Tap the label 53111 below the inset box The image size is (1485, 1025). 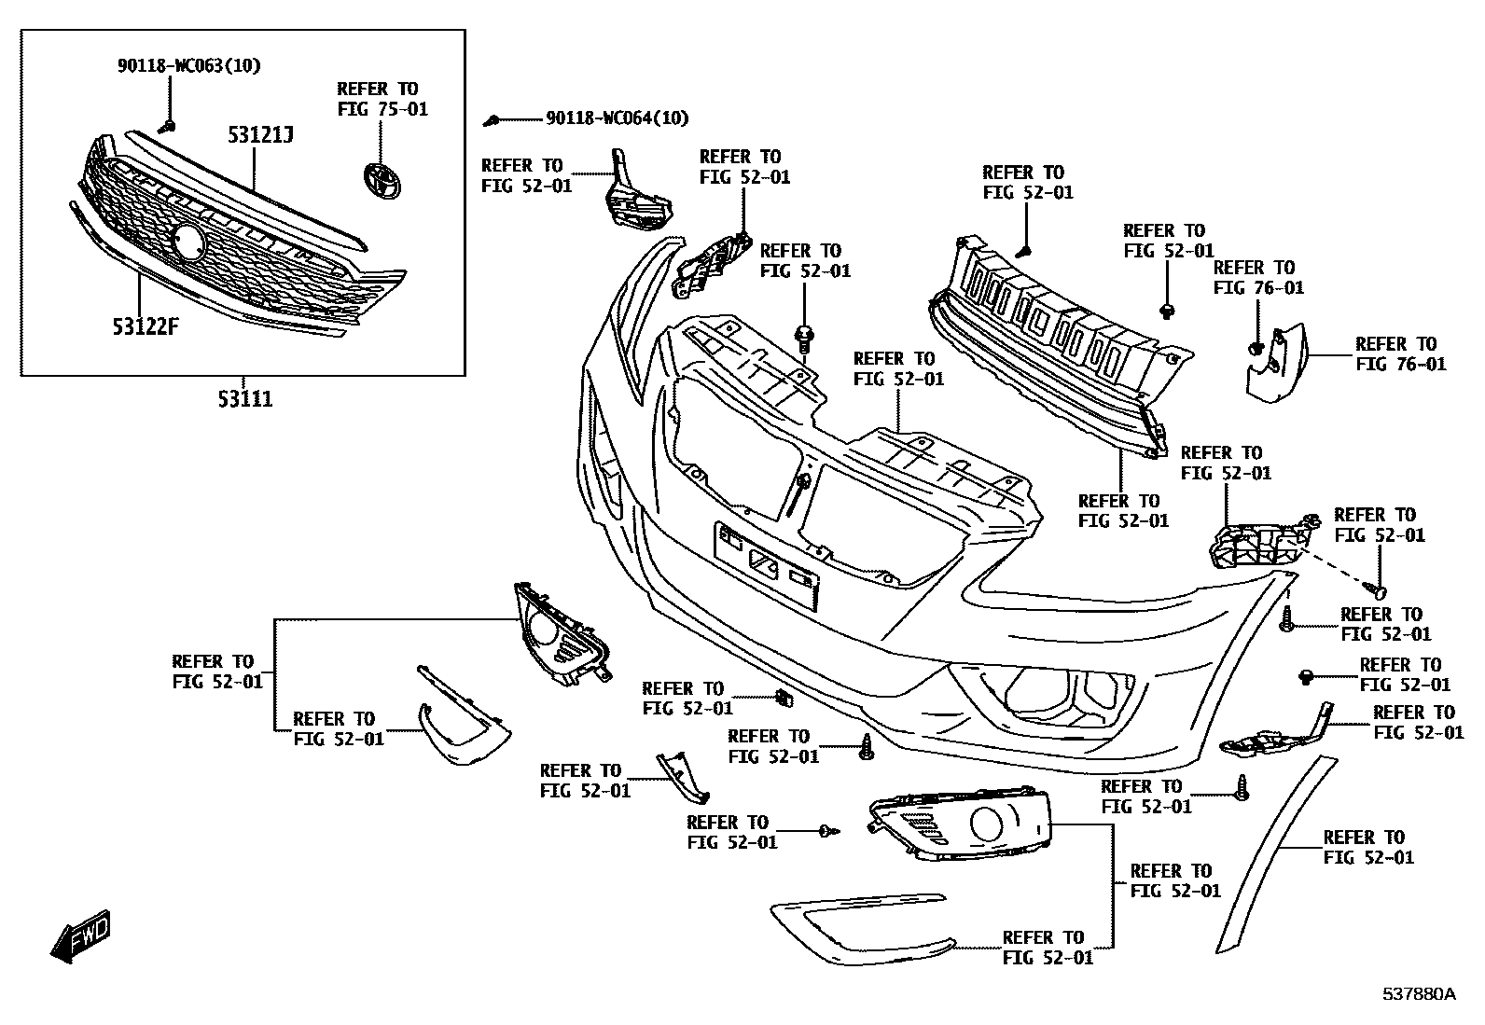tap(245, 399)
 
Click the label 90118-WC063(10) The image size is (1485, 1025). tap(189, 65)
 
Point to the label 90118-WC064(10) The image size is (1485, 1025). tap(618, 118)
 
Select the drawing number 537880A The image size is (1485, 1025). tap(1418, 994)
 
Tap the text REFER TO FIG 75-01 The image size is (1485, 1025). tap(382, 99)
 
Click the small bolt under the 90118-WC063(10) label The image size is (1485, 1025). tap(169, 124)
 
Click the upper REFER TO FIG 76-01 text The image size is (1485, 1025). tap(1258, 278)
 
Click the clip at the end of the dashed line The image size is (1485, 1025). tap(1377, 590)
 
